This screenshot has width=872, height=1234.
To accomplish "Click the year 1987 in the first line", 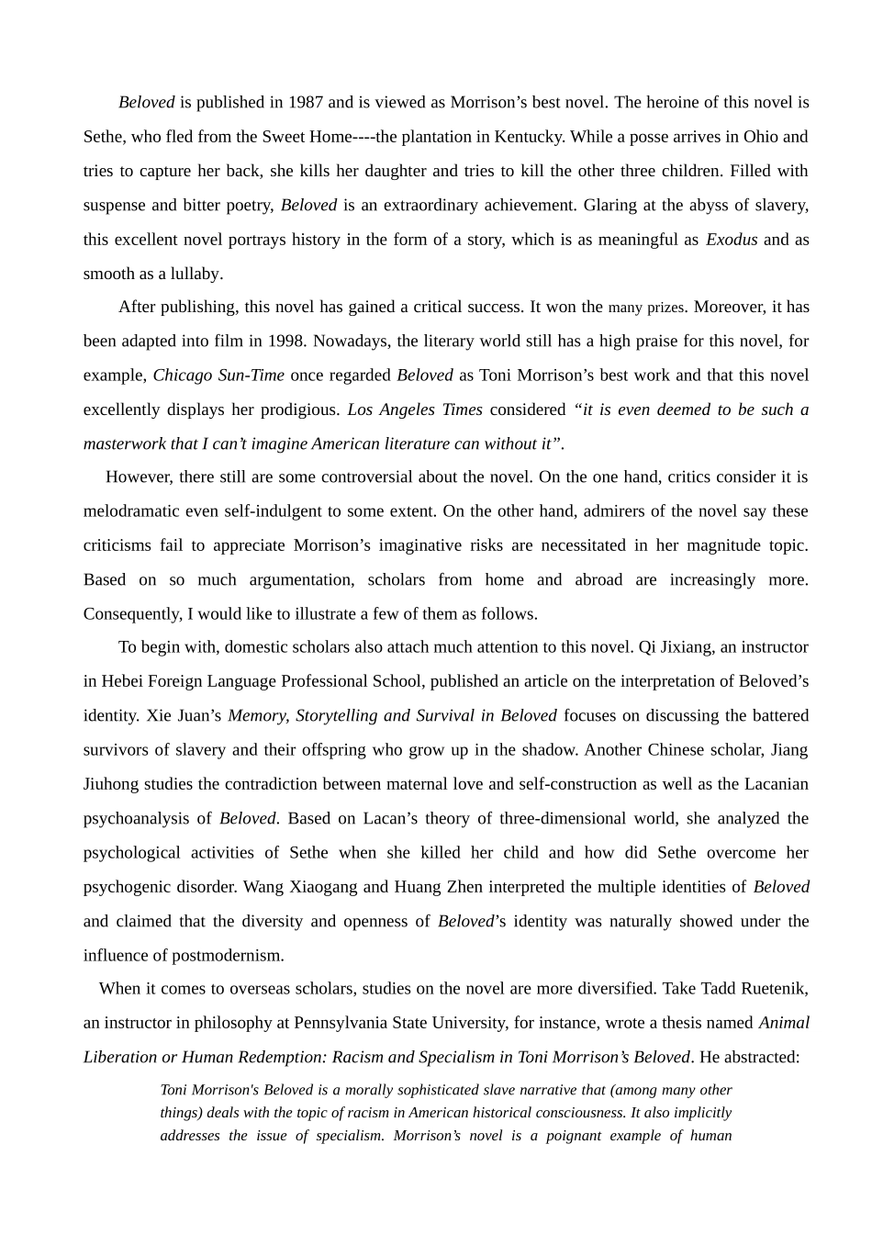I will click(306, 103).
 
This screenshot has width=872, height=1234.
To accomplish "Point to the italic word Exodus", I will click(732, 240).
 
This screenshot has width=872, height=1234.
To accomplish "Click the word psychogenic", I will click(123, 887).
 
